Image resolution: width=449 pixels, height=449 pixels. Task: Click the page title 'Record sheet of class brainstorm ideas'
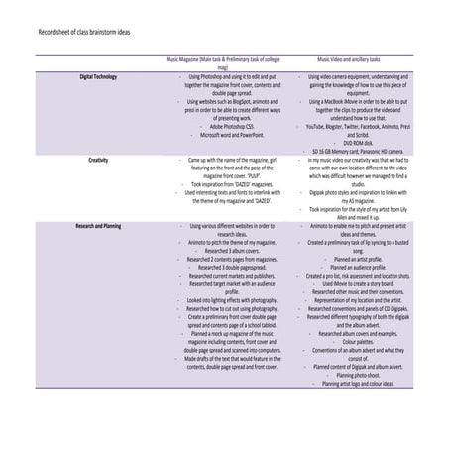[x=83, y=32]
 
